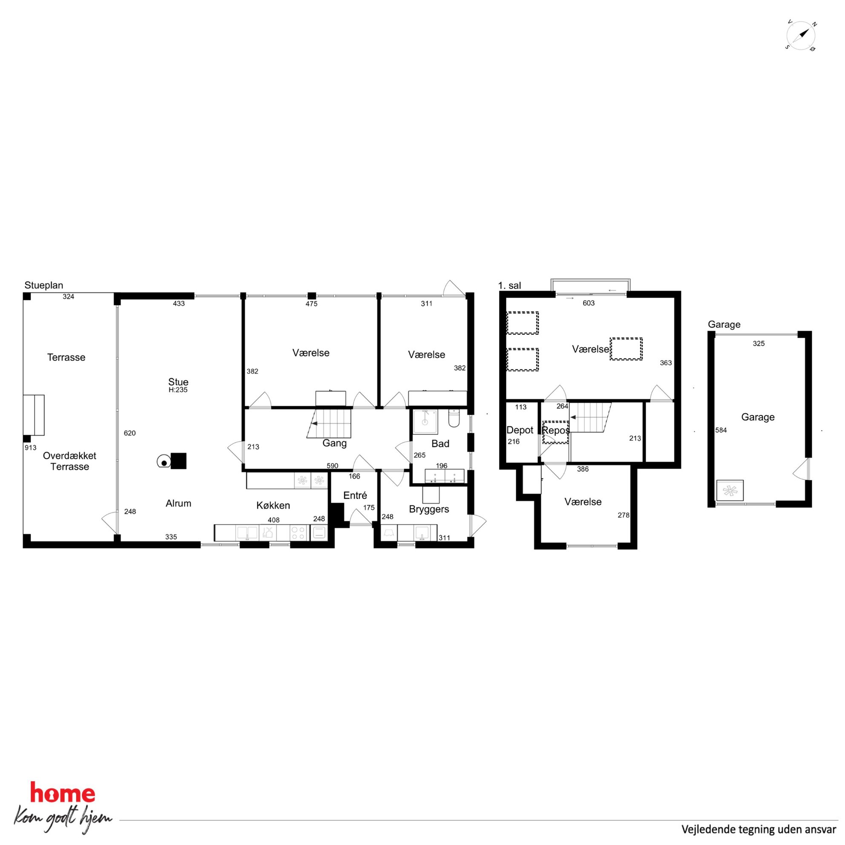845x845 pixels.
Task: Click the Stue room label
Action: point(178,382)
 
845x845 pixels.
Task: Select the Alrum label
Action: point(178,503)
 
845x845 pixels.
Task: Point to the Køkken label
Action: point(273,506)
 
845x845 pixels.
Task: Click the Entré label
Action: point(355,495)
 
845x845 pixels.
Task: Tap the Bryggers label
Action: point(429,509)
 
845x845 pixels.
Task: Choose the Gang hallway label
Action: point(335,443)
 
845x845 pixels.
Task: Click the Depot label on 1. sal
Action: point(520,430)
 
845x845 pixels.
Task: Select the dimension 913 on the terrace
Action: point(31,448)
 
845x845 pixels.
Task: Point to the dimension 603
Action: point(589,303)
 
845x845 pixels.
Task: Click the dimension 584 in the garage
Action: point(721,430)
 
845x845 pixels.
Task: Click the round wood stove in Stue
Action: point(164,461)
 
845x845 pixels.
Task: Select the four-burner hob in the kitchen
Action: point(298,533)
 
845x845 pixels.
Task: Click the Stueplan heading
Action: point(44,286)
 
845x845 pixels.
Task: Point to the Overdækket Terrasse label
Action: point(69,461)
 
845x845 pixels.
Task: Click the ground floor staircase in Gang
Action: point(330,423)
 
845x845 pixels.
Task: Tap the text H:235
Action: point(178,390)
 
